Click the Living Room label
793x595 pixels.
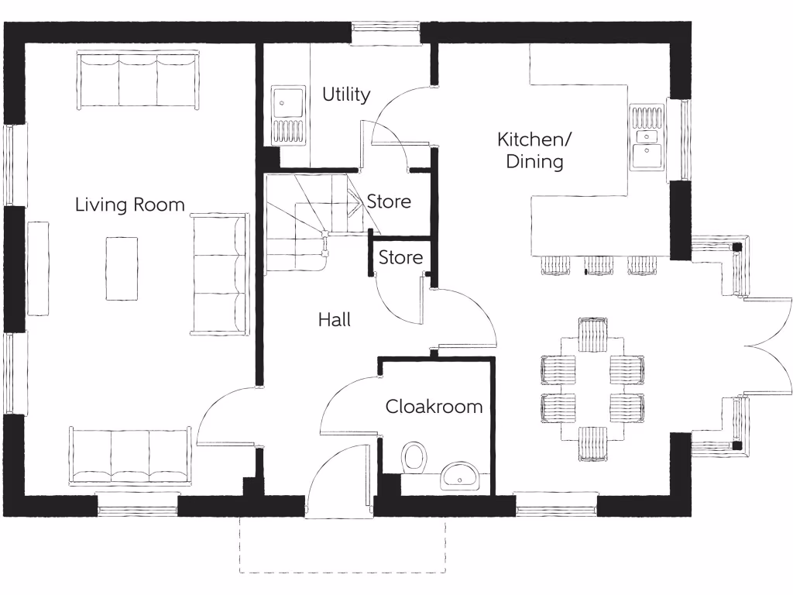tap(129, 205)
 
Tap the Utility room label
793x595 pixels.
tap(346, 95)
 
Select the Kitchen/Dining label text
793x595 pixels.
tap(534, 150)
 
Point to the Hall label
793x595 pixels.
tap(334, 319)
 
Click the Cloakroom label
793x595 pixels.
tap(434, 406)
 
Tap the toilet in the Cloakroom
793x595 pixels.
tap(414, 457)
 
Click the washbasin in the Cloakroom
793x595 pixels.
tap(462, 476)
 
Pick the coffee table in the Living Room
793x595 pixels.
tap(122, 268)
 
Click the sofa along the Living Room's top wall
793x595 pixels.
tap(139, 79)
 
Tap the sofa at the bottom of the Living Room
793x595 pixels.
tap(130, 456)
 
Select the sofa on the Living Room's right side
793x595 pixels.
tap(219, 274)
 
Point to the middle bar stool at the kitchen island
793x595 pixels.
tap(599, 265)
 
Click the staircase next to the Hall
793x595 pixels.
tap(306, 221)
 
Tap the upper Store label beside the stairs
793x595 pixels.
tap(389, 201)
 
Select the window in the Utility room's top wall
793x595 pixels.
tap(385, 31)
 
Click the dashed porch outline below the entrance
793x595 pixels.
tap(342, 572)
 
